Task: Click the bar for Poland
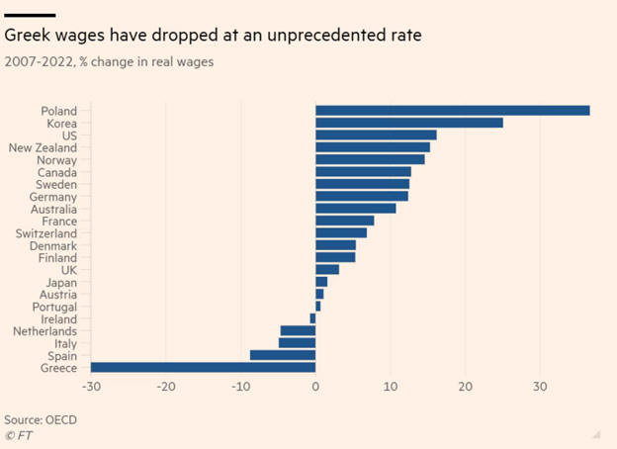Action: [452, 111]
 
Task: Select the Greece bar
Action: [203, 368]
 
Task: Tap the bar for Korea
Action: [408, 123]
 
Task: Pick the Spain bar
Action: [283, 355]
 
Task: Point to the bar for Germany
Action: [361, 196]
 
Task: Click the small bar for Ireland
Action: [312, 318]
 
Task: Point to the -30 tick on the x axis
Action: [91, 386]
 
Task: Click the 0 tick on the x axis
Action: [315, 386]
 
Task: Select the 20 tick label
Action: [465, 386]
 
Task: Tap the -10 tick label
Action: [240, 386]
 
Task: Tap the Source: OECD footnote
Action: [41, 419]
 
